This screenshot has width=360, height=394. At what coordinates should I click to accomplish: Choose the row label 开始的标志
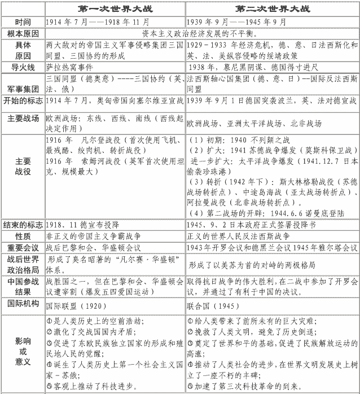22,101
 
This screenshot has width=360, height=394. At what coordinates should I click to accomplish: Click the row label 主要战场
22,120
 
